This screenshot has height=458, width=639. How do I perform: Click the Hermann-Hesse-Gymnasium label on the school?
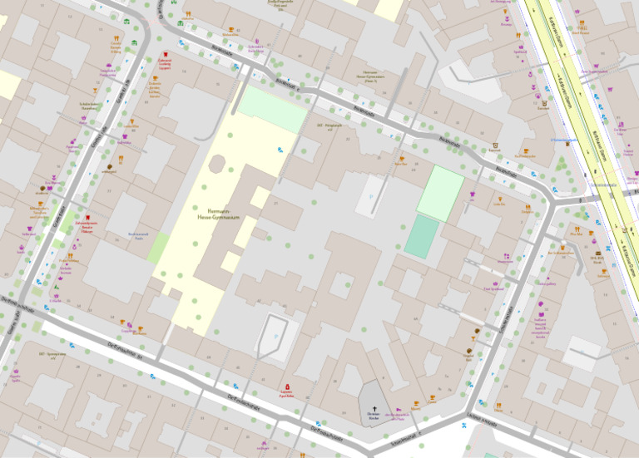[x=218, y=214]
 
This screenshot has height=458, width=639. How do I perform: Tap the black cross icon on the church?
[x=373, y=398]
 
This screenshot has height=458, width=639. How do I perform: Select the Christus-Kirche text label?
[x=373, y=415]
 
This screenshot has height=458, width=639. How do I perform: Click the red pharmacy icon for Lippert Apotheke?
[x=288, y=387]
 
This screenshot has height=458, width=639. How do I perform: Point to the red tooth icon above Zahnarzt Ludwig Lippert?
[x=166, y=55]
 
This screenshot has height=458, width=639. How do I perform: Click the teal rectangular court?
[x=422, y=237]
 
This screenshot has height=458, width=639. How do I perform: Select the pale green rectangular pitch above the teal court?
[x=440, y=192]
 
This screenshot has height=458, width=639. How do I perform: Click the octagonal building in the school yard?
[x=217, y=164]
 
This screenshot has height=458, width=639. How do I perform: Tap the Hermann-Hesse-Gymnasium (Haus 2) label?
[x=370, y=77]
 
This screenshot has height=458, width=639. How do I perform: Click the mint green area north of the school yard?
[x=272, y=109]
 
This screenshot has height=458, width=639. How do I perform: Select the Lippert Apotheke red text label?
[x=288, y=396]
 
